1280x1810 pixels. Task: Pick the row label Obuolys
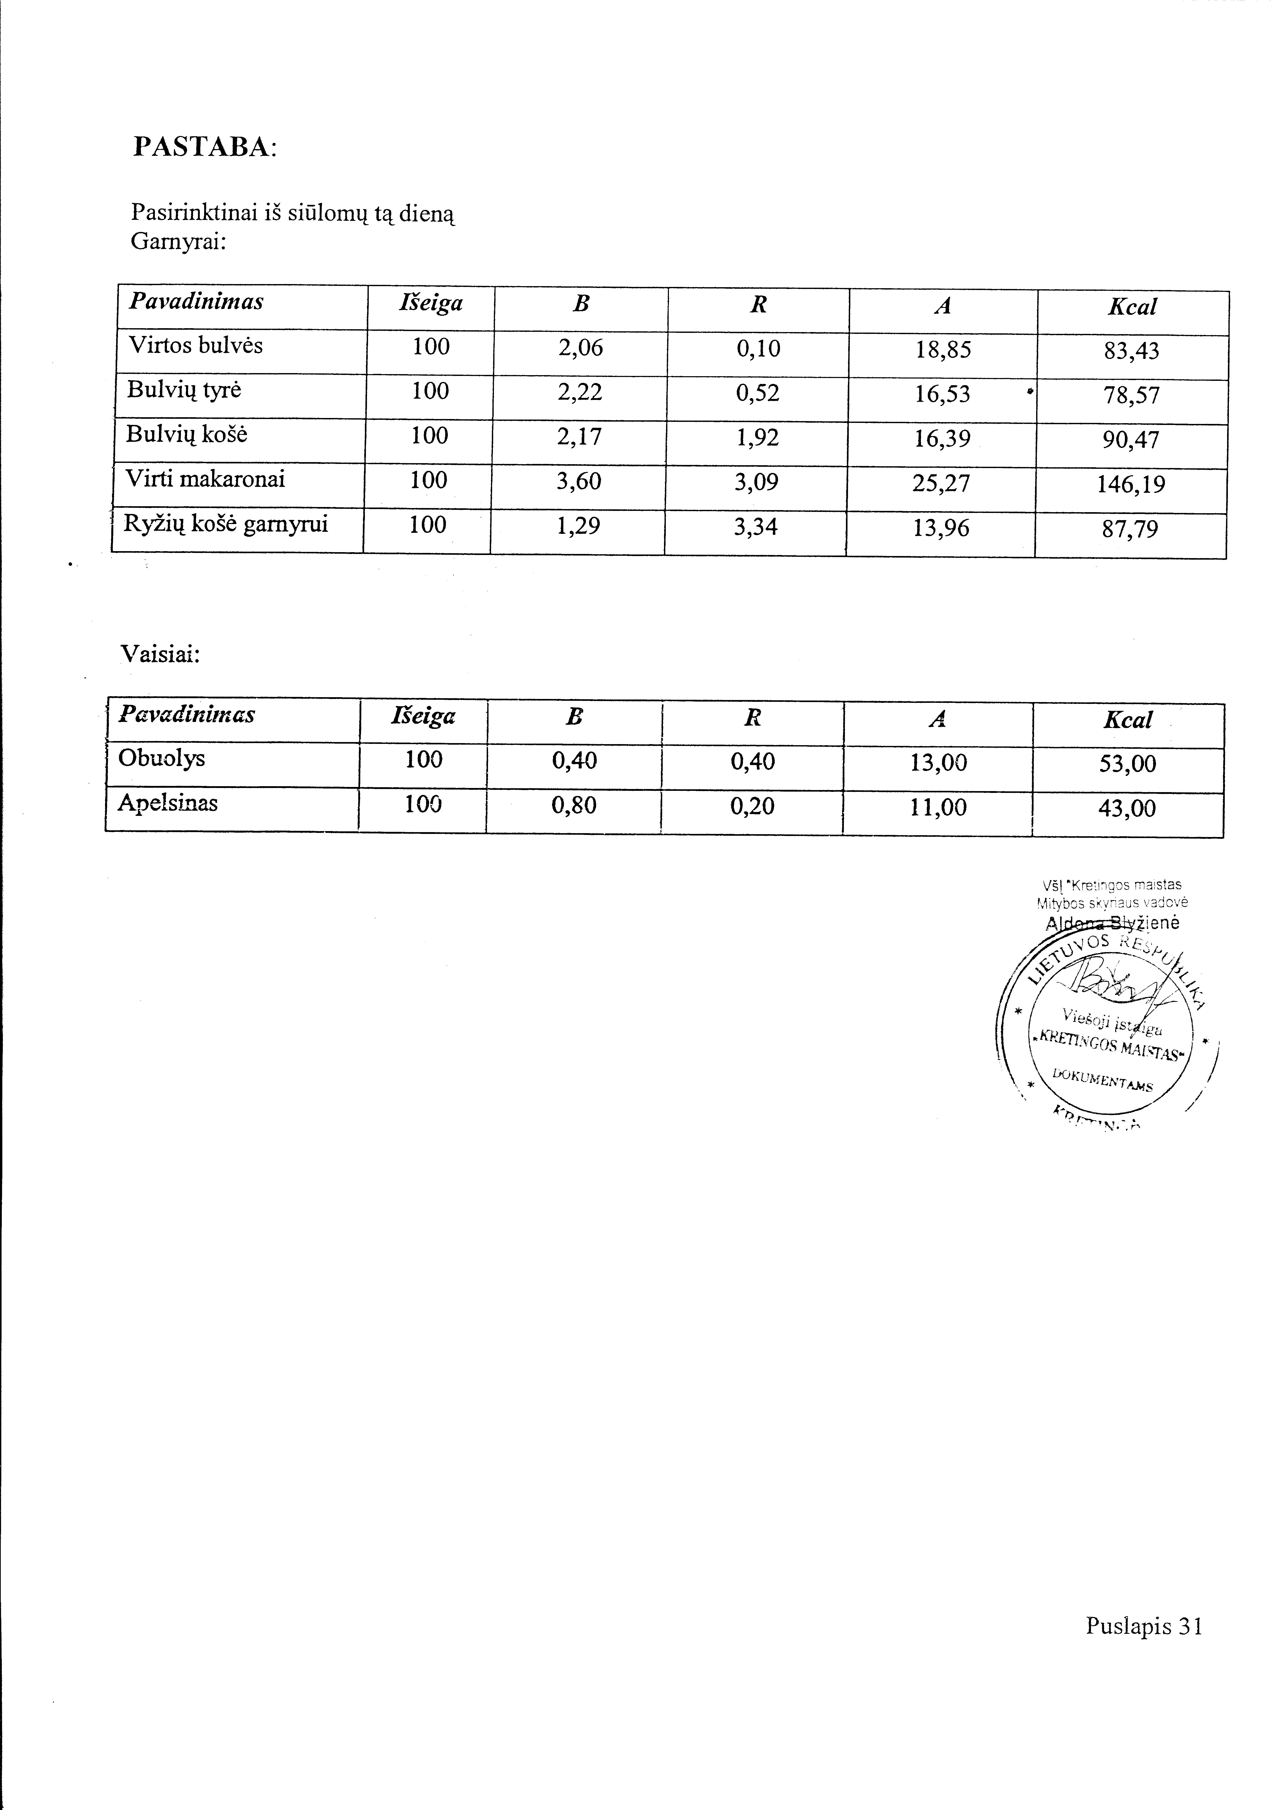click(x=161, y=758)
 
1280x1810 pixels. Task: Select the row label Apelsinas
click(x=167, y=803)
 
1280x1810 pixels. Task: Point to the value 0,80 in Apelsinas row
click(x=574, y=805)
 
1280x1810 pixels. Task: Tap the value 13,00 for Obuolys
click(x=938, y=762)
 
